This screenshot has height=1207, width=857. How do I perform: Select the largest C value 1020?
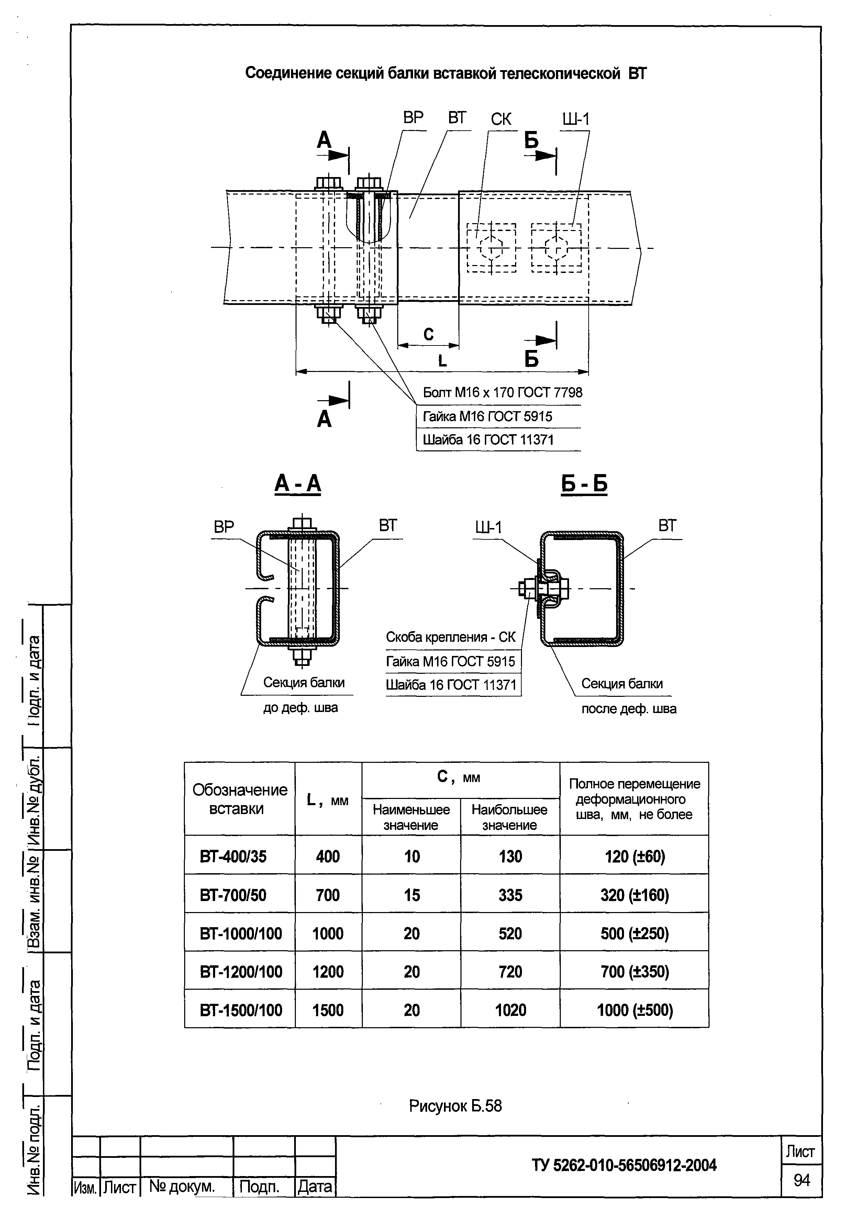pos(510,1010)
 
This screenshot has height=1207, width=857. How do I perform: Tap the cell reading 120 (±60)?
pos(634,856)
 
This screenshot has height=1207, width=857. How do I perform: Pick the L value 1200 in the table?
pos(328,972)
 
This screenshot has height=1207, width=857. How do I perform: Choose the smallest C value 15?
pos(412,895)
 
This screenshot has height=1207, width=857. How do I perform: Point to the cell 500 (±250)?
pos(634,933)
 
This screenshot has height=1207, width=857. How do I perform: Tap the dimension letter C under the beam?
pos(428,334)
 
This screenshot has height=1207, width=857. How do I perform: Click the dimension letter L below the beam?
pos(442,361)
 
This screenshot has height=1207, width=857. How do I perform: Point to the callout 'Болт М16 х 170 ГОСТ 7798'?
pos(502,392)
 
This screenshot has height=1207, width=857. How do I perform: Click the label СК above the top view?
pos(501,119)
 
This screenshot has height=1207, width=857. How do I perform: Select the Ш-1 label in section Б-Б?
pos(488,527)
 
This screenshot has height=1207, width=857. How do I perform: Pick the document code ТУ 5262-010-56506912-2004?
pos(624,1165)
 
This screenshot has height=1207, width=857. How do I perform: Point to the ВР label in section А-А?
pos(224,527)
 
